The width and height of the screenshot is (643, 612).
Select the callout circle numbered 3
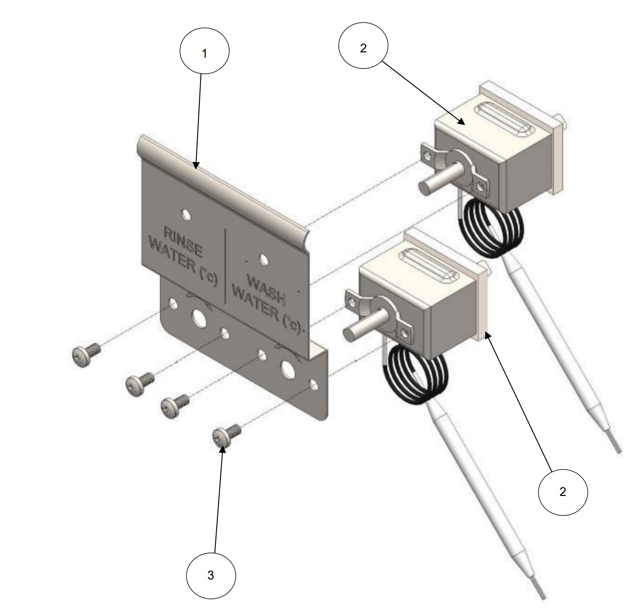tap(211, 576)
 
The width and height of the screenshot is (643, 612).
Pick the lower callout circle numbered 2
tap(563, 492)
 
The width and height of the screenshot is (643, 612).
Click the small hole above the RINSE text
tap(185, 214)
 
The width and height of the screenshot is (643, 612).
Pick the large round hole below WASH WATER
tap(288, 368)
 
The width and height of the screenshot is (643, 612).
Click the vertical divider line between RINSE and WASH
tap(225, 266)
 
